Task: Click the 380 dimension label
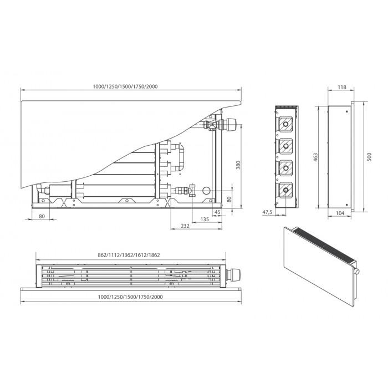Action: click(x=238, y=165)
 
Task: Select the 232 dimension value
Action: click(x=185, y=226)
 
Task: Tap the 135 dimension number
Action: click(x=205, y=219)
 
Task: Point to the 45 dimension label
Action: click(x=217, y=212)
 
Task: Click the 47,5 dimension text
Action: click(x=267, y=212)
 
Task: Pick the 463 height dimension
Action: click(x=315, y=157)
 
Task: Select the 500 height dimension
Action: click(x=370, y=157)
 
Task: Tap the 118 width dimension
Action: click(x=342, y=87)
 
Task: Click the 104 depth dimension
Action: click(x=340, y=213)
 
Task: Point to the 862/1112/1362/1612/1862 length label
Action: click(x=129, y=255)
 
